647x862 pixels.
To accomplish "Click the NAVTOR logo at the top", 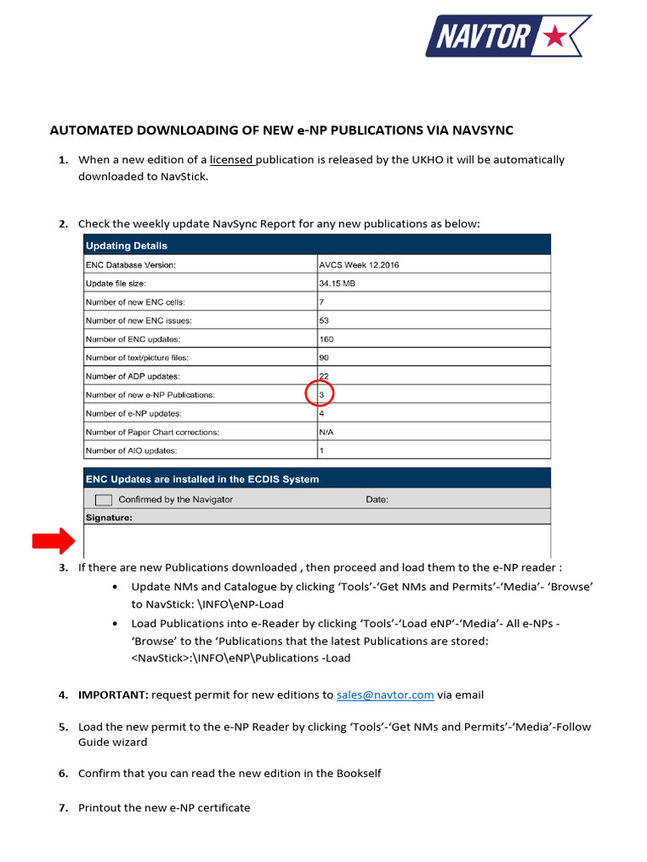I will click(507, 35).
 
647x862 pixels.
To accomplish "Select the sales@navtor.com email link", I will click(385, 694).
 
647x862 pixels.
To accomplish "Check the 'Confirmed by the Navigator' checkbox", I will click(104, 499).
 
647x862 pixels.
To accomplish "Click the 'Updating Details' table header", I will click(126, 246).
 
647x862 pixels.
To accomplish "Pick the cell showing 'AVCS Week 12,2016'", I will click(359, 264).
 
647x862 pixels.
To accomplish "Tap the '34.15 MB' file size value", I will click(337, 284).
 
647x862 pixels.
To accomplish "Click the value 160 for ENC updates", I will click(326, 339).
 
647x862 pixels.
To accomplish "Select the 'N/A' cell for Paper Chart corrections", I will click(327, 432).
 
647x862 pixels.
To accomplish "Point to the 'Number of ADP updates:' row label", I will click(132, 376).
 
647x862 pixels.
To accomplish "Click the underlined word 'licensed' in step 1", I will click(232, 159).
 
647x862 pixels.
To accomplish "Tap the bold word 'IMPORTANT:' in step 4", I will click(113, 694).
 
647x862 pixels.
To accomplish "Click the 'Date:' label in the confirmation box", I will click(377, 499).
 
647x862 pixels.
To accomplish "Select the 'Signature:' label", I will click(109, 518).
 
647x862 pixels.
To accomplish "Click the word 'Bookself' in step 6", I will click(359, 773).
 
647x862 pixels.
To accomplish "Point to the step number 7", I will click(62, 807).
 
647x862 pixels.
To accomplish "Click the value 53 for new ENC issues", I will click(323, 321).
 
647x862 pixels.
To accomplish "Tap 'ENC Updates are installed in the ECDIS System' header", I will click(202, 479).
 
